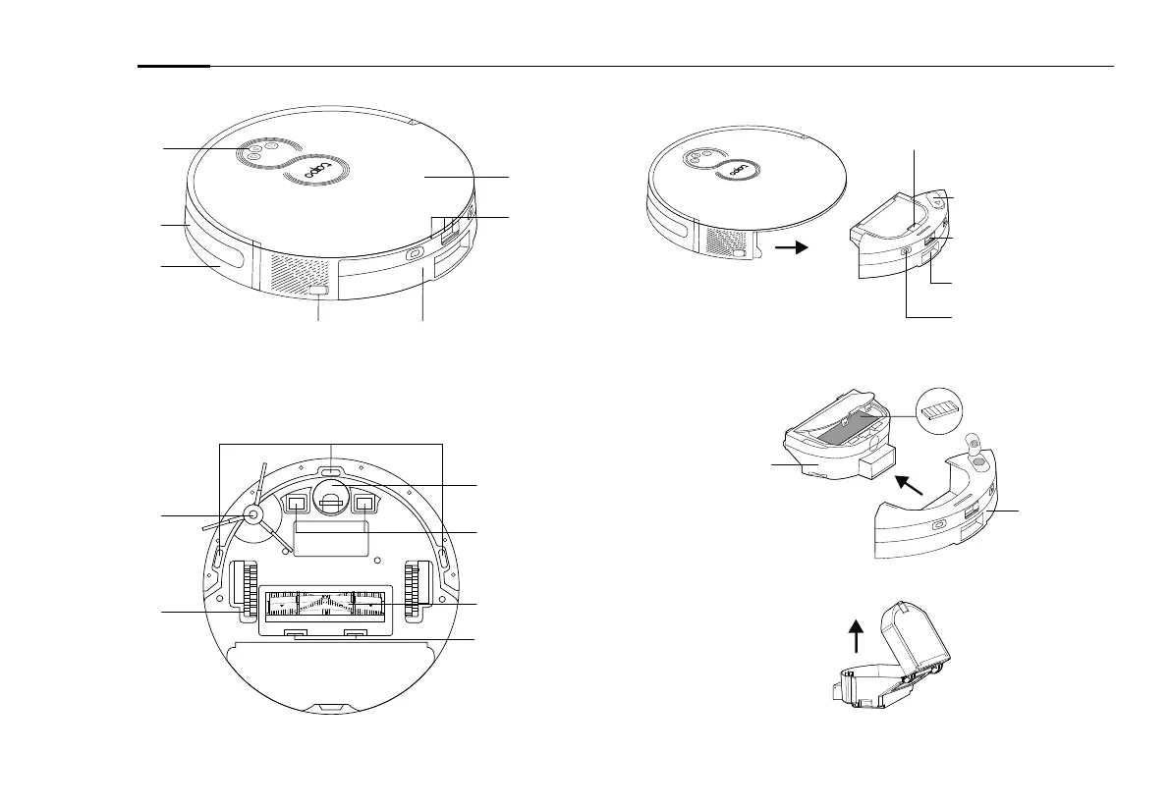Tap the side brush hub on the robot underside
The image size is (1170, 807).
pyautogui.click(x=251, y=514)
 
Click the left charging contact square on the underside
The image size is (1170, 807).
pyautogui.click(x=296, y=505)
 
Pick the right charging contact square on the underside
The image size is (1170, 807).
pyautogui.click(x=365, y=505)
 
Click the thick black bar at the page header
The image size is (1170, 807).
pyautogui.click(x=174, y=67)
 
